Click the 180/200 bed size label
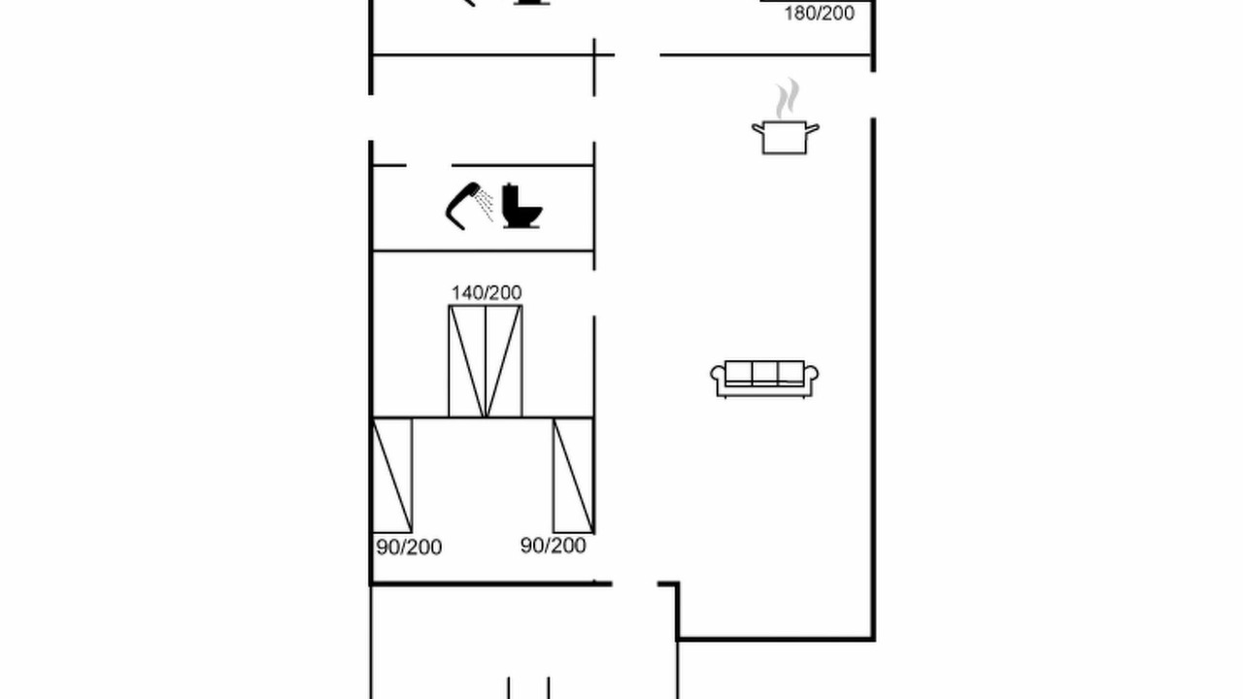coord(819,14)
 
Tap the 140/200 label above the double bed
coord(487,292)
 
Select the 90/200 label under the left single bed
coord(409,547)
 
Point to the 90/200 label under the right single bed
coord(554,546)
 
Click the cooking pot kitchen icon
coord(786,137)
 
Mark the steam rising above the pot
coord(788,99)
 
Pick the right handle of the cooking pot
coord(813,129)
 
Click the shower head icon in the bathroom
coord(461,206)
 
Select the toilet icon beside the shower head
coord(521,206)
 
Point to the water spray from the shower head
coord(485,205)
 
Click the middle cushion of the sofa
coord(764,372)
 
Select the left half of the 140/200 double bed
coord(467,361)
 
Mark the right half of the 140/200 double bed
coord(504,361)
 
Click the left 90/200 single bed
coord(392,476)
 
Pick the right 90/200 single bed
coord(573,476)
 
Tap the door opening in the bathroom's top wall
coord(429,165)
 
